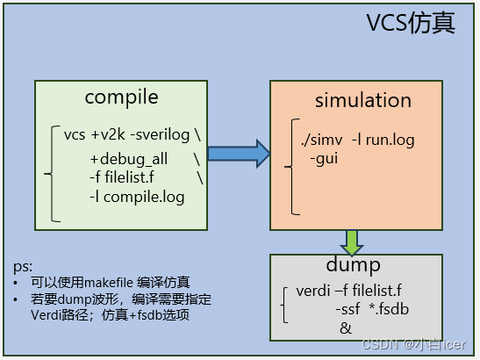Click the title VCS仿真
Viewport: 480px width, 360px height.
click(x=410, y=24)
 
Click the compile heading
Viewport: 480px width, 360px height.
click(x=121, y=96)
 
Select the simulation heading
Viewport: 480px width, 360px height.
click(x=363, y=99)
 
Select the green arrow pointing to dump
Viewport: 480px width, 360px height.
click(x=352, y=241)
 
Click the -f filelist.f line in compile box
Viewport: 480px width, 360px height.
click(x=131, y=178)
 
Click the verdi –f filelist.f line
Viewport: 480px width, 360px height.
click(x=349, y=291)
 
